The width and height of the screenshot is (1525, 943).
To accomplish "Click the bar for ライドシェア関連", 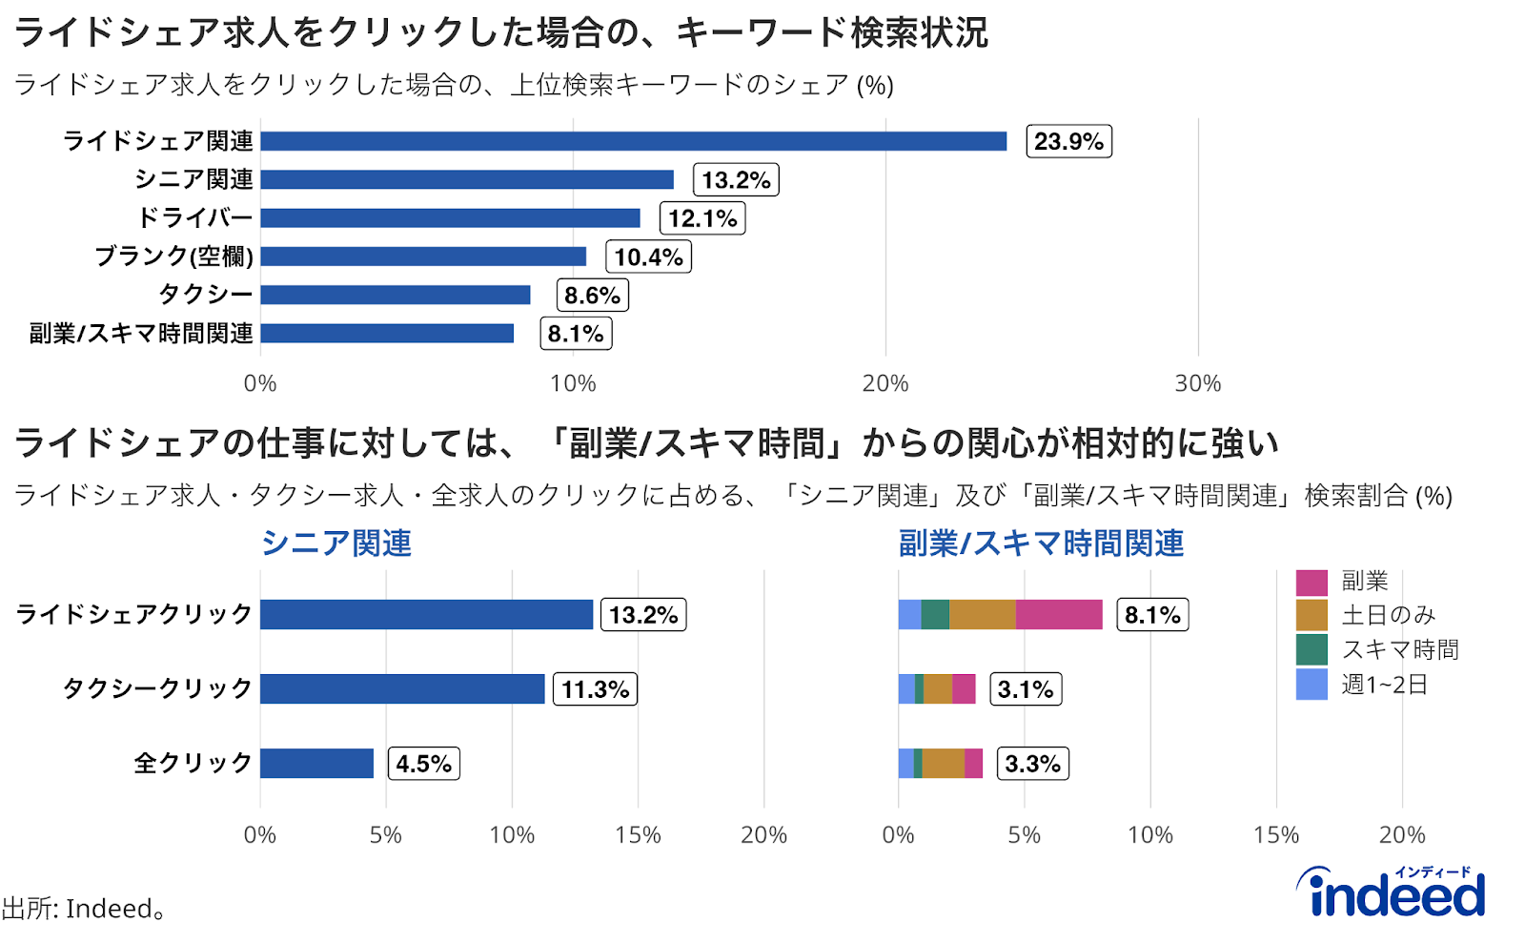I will pyautogui.click(x=633, y=141).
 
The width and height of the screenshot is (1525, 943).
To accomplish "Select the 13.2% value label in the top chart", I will pyautogui.click(x=735, y=180).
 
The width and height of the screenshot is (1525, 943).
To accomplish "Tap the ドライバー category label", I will pyautogui.click(x=195, y=218).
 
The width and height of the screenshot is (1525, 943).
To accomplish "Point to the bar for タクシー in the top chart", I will pyautogui.click(x=395, y=295).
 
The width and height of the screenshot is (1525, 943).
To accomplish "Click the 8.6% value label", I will pyautogui.click(x=592, y=296).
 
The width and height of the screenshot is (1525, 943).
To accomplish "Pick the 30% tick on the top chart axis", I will pyautogui.click(x=1197, y=383).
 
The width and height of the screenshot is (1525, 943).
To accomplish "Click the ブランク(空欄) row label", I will pyautogui.click(x=173, y=256).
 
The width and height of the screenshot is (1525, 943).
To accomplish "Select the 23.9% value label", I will pyautogui.click(x=1068, y=141).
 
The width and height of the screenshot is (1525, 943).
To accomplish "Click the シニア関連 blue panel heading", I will pyautogui.click(x=336, y=543).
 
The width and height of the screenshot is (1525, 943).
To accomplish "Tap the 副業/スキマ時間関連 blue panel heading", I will pyautogui.click(x=1041, y=543).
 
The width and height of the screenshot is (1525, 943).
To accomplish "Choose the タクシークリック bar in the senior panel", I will pyautogui.click(x=401, y=688).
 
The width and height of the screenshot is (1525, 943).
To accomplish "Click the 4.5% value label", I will pyautogui.click(x=423, y=764).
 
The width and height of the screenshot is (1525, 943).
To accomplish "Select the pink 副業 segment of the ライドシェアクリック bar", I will pyautogui.click(x=1059, y=615).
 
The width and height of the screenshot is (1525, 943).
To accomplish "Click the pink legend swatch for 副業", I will pyautogui.click(x=1311, y=582).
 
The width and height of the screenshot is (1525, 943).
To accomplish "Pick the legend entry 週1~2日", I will pyautogui.click(x=1384, y=685).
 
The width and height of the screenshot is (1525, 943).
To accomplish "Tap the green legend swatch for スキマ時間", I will pyautogui.click(x=1311, y=650).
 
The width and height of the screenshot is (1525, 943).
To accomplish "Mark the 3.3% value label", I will pyautogui.click(x=1032, y=764).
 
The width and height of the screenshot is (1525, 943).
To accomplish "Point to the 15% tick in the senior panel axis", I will pyautogui.click(x=638, y=835).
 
